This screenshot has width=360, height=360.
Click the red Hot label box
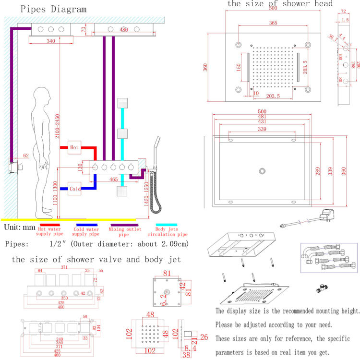click(x=74, y=147)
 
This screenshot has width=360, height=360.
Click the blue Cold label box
click(x=74, y=189)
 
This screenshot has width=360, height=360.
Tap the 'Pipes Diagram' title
click(x=47, y=9)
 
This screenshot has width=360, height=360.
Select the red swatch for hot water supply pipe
click(x=50, y=224)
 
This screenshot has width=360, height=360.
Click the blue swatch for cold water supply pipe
click(x=87, y=224)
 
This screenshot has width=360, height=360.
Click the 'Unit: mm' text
click(x=19, y=227)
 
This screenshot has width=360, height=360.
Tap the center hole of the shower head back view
click(x=262, y=171)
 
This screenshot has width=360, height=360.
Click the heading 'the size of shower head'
click(x=280, y=4)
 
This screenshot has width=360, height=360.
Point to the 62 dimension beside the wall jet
click(x=25, y=155)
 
